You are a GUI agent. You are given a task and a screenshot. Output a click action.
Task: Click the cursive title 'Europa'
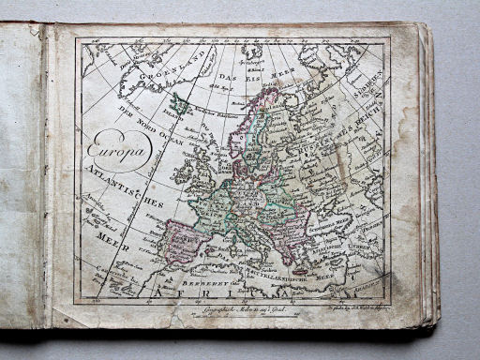coord(117,149)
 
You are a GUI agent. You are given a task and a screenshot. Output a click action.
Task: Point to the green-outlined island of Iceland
coord(180,104)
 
